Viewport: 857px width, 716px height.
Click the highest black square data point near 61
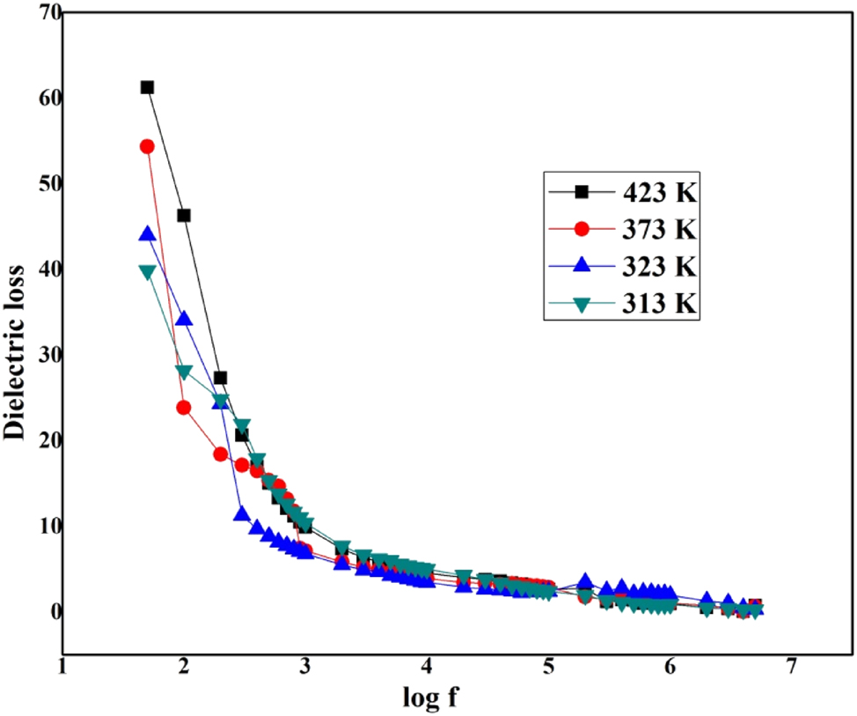pos(147,87)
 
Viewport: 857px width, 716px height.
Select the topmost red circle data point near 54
pos(147,146)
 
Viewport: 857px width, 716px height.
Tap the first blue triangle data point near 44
pos(147,234)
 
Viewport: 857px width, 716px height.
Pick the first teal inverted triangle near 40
pos(147,272)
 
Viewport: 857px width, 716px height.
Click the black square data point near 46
pos(184,216)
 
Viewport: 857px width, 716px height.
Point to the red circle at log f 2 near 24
pos(184,408)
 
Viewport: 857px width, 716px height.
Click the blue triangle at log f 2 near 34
pos(184,319)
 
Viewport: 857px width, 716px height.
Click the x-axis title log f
pos(427,698)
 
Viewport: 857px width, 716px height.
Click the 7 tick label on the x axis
pos(792,667)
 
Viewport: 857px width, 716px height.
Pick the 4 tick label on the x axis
pos(428,667)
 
